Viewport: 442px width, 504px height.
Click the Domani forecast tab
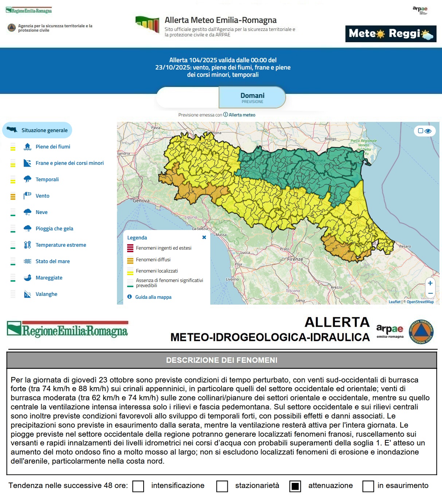click(252, 98)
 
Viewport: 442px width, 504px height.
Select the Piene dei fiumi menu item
click(53, 147)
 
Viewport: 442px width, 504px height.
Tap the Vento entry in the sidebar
click(42, 196)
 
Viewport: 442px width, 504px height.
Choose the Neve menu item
click(42, 212)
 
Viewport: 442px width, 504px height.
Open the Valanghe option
click(46, 294)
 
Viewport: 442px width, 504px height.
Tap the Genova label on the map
click(141, 201)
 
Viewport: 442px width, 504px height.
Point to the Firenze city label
click(295, 259)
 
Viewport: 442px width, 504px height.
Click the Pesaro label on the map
click(405, 246)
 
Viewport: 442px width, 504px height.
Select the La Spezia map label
click(200, 229)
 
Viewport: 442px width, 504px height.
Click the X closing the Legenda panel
click(204, 237)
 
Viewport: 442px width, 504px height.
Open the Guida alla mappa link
click(153, 297)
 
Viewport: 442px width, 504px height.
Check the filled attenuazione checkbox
click(295, 486)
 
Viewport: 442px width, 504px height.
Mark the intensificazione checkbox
click(138, 486)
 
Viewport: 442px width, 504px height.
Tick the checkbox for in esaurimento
click(368, 486)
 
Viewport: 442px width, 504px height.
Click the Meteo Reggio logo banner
click(391, 34)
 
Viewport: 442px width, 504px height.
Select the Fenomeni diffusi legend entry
click(153, 259)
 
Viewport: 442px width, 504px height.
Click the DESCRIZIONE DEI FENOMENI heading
click(222, 360)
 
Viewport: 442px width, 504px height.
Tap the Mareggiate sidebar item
click(49, 278)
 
